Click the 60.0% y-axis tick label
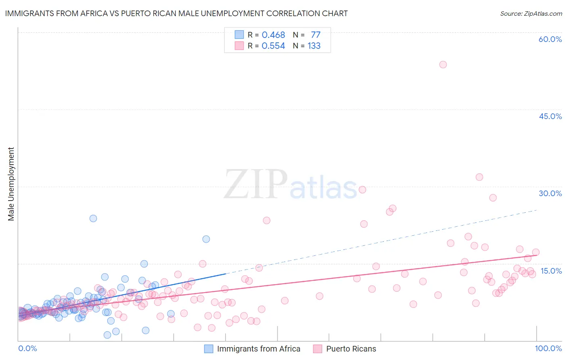pyautogui.click(x=550, y=39)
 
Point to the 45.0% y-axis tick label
pyautogui.click(x=550, y=116)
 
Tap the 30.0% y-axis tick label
pyautogui.click(x=550, y=193)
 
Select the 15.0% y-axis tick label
pyautogui.click(x=551, y=271)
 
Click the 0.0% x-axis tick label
pyautogui.click(x=27, y=348)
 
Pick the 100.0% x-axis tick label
pyautogui.click(x=548, y=348)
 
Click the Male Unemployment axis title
pyautogui.click(x=11, y=184)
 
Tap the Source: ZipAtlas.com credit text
pyautogui.click(x=531, y=14)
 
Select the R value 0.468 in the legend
pyautogui.click(x=273, y=35)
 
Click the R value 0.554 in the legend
pyautogui.click(x=273, y=46)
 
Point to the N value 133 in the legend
pyautogui.click(x=314, y=46)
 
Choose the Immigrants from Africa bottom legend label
pyautogui.click(x=258, y=349)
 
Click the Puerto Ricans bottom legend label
pyautogui.click(x=351, y=349)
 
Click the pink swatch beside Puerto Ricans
pyautogui.click(x=318, y=349)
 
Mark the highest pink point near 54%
pyautogui.click(x=443, y=65)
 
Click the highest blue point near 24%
pyautogui.click(x=93, y=218)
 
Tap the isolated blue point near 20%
pyautogui.click(x=206, y=239)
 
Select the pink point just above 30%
pyautogui.click(x=479, y=177)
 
